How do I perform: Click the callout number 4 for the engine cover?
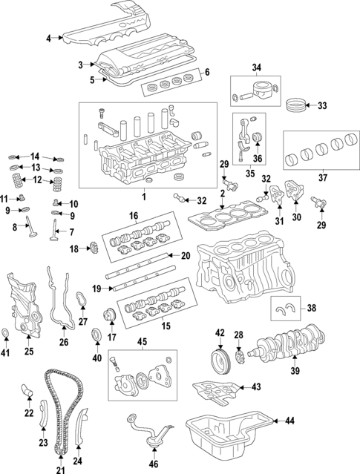(x=49, y=39)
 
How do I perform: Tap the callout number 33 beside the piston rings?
(x=322, y=105)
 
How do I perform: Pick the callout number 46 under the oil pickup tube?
(x=154, y=464)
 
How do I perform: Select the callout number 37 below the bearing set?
(x=323, y=178)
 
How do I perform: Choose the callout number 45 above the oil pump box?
(x=142, y=342)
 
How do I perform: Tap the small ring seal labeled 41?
(x=5, y=332)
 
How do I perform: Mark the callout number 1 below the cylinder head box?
(x=144, y=197)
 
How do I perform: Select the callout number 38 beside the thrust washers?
(x=311, y=308)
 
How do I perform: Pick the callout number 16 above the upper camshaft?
(x=134, y=216)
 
